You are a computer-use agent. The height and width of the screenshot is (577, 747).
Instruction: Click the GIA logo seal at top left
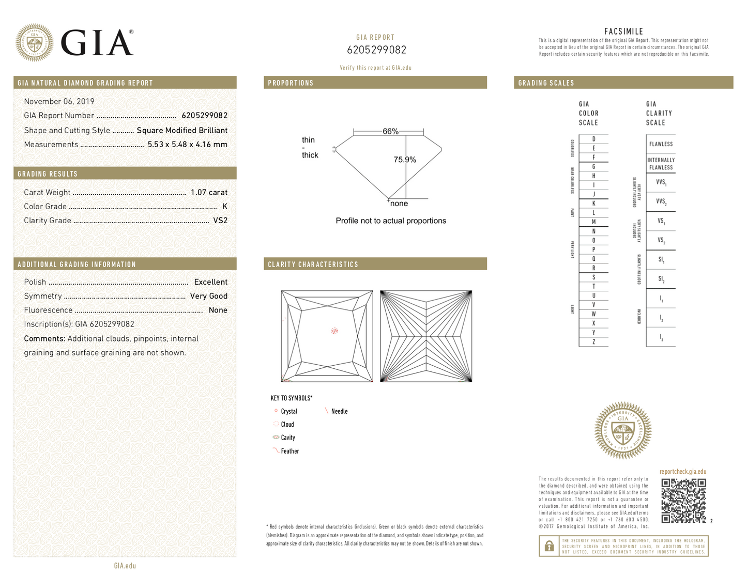click(x=34, y=43)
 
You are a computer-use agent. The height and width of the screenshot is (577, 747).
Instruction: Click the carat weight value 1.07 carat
click(x=209, y=192)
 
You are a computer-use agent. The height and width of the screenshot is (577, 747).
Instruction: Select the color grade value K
click(x=224, y=206)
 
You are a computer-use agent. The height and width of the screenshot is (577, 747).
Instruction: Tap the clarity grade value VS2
click(x=220, y=220)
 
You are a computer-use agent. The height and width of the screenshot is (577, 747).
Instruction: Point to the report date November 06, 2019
click(x=59, y=101)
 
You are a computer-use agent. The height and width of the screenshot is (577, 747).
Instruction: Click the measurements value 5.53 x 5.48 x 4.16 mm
click(x=187, y=145)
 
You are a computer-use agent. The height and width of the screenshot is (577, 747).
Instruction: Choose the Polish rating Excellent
click(x=210, y=282)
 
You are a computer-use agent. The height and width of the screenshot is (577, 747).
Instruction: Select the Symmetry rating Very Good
click(x=208, y=296)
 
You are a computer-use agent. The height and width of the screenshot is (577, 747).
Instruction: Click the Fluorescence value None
click(x=218, y=310)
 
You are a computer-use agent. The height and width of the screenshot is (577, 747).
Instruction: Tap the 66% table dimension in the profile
click(x=390, y=131)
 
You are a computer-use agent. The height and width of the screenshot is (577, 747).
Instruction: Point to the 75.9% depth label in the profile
click(x=405, y=160)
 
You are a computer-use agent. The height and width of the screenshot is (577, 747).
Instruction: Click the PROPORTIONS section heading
click(x=291, y=83)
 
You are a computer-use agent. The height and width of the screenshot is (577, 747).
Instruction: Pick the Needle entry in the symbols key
click(x=339, y=411)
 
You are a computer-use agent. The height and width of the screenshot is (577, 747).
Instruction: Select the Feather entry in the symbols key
click(x=289, y=451)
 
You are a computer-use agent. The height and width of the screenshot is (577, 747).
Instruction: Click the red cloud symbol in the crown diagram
click(x=334, y=331)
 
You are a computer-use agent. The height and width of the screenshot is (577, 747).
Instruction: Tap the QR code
click(x=683, y=501)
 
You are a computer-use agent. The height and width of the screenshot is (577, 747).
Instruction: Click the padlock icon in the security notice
click(x=547, y=546)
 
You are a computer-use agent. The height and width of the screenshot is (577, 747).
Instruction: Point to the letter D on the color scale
click(x=593, y=139)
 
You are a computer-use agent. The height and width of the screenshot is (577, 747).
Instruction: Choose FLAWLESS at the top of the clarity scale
click(x=661, y=144)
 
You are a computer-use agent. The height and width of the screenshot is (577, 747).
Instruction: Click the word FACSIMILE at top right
click(x=623, y=32)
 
